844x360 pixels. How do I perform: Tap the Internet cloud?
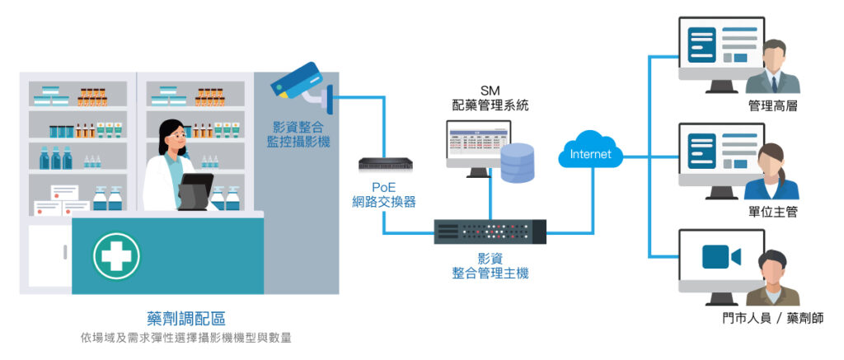(591, 153)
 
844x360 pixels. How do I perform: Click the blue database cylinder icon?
(518, 162)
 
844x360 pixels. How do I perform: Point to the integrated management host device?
(490, 231)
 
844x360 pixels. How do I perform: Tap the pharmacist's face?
(171, 137)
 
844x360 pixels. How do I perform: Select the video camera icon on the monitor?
(721, 257)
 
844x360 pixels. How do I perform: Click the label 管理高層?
(772, 106)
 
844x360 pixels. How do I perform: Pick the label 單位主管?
(772, 212)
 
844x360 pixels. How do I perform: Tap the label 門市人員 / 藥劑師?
(766, 318)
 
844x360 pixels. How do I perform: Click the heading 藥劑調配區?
(185, 317)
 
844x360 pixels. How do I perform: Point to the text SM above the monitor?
(490, 89)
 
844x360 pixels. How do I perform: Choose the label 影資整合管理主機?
(490, 265)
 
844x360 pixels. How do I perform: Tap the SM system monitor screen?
(476, 142)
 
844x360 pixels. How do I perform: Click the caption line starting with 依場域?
(185, 338)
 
